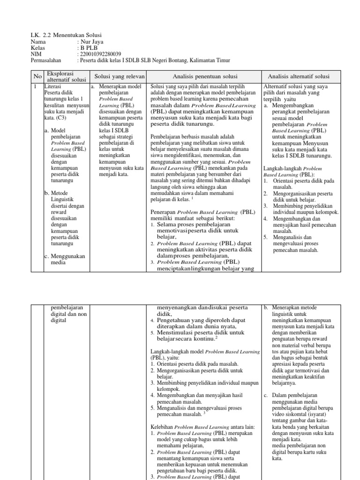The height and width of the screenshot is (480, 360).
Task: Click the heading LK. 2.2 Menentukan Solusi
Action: click(x=66, y=35)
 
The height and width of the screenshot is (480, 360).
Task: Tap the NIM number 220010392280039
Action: click(x=100, y=53)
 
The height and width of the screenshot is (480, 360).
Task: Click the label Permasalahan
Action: click(x=48, y=60)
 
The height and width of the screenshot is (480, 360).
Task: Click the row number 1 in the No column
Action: click(x=35, y=87)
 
